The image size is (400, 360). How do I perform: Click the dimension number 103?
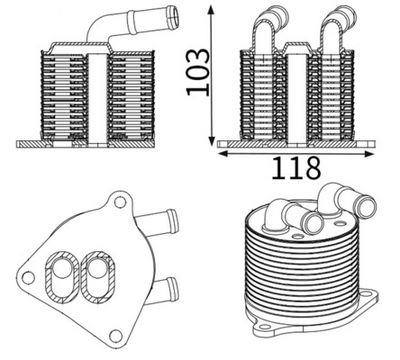pyautogui.click(x=197, y=74)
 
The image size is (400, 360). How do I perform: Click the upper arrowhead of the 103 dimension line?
pyautogui.click(x=213, y=10)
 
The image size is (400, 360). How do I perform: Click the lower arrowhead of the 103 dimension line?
pyautogui.click(x=213, y=140)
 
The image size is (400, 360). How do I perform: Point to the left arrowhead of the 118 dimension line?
pyautogui.click(x=222, y=153)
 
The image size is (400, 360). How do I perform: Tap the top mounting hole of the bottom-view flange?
pyautogui.click(x=118, y=206)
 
